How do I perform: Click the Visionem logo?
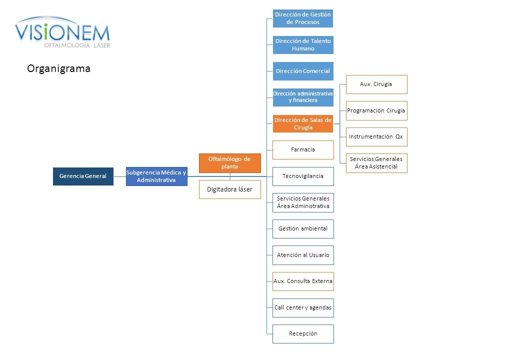pyautogui.click(x=62, y=32)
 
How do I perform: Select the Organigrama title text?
pyautogui.click(x=58, y=68)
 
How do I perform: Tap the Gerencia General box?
pyautogui.click(x=83, y=176)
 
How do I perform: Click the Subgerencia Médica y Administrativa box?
pyautogui.click(x=156, y=176)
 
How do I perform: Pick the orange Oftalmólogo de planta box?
pyautogui.click(x=230, y=163)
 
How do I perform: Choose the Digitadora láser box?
pyautogui.click(x=230, y=189)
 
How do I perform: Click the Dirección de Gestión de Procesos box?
pyautogui.click(x=303, y=18)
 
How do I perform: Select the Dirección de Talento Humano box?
pyautogui.click(x=303, y=45)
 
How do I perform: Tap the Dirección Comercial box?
pyautogui.click(x=303, y=71)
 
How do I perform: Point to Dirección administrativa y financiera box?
pyautogui.click(x=303, y=97)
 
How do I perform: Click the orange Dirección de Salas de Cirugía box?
pyautogui.click(x=303, y=123)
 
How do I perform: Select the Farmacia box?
pyautogui.click(x=303, y=150)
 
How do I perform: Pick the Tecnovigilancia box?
pyautogui.click(x=303, y=176)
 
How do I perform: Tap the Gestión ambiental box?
pyautogui.click(x=303, y=228)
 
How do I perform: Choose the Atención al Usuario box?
pyautogui.click(x=303, y=255)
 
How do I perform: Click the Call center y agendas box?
pyautogui.click(x=303, y=308)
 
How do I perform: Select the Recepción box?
pyautogui.click(x=303, y=334)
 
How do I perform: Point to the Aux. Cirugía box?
pyautogui.click(x=376, y=84)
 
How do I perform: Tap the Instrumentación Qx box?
pyautogui.click(x=376, y=137)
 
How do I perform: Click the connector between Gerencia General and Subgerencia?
pyautogui.click(x=119, y=176)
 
